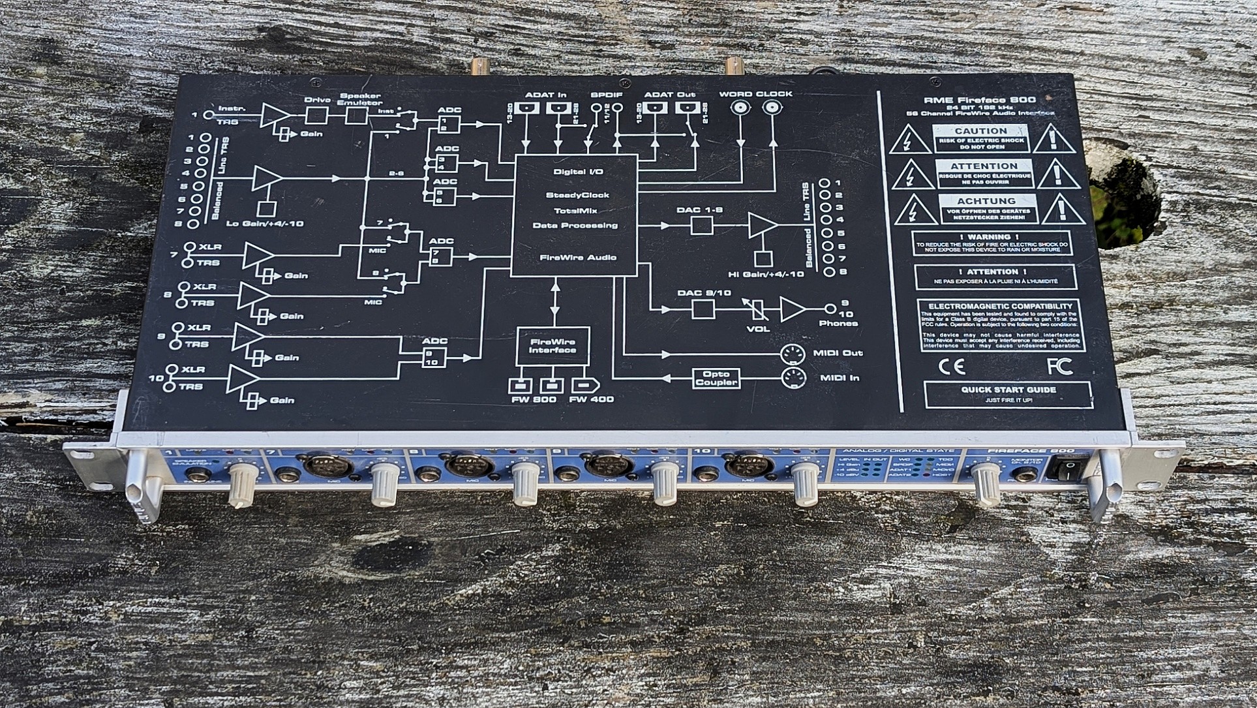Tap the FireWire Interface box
click(553, 346)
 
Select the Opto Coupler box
click(716, 378)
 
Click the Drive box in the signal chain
click(316, 115)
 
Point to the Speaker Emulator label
click(359, 99)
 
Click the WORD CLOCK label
click(755, 94)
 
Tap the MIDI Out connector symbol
click(793, 354)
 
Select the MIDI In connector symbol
click(793, 378)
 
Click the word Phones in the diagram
click(838, 324)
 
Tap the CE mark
click(951, 367)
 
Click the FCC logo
click(1059, 366)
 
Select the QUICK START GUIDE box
click(1008, 394)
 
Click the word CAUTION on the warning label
click(980, 131)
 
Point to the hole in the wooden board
click(1128, 203)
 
